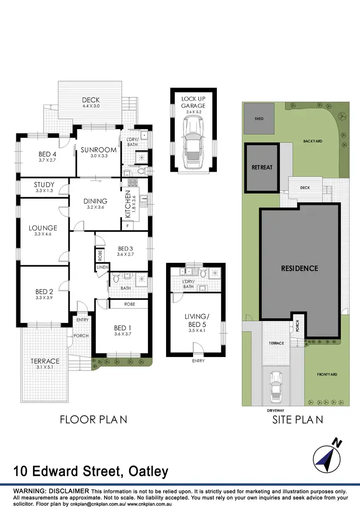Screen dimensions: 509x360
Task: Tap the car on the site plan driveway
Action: coord(276,388)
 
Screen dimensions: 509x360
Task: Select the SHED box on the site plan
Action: coord(259,118)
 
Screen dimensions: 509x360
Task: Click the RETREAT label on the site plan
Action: coord(262,167)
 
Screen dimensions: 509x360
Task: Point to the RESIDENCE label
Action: coord(300,268)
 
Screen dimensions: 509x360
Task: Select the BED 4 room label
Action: coord(48,154)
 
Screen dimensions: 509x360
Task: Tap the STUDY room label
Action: coord(44,185)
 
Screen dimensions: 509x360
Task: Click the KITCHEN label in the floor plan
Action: coord(128,204)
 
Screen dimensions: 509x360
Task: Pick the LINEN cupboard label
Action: coord(102,267)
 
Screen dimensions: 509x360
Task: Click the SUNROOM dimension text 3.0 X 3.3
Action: coord(96,156)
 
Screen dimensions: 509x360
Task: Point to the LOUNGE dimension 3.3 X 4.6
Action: coord(42,235)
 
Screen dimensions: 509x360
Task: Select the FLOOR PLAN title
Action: coord(93,419)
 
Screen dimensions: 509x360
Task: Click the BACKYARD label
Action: coord(312,141)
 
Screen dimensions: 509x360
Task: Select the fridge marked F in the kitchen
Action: coord(128,225)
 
